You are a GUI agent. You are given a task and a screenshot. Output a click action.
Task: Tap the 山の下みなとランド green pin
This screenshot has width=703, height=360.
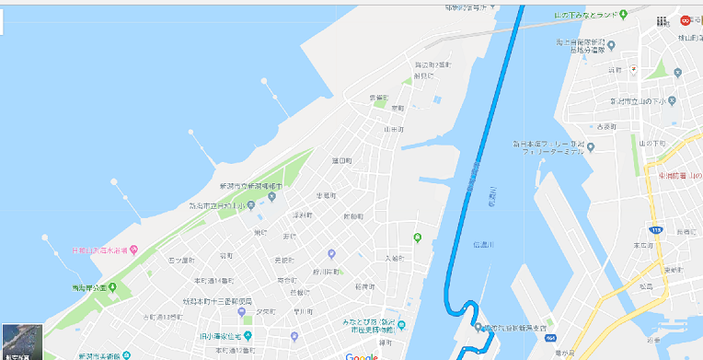pos(623,14)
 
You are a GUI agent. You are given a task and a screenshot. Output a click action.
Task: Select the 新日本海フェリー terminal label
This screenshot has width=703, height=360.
pos(548,148)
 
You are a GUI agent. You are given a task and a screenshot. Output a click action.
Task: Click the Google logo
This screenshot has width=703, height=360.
pos(362,355)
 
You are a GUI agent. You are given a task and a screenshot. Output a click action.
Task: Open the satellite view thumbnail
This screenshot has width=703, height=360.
pos(22,342)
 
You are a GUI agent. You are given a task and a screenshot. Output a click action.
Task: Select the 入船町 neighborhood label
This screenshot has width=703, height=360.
pos(394,259)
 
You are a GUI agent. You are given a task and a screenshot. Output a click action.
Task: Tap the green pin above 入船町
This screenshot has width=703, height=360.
pos(418,238)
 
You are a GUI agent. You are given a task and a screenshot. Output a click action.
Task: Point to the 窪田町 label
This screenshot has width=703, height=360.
pos(341,161)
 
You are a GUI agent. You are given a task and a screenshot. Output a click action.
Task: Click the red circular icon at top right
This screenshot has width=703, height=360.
pos(685,20)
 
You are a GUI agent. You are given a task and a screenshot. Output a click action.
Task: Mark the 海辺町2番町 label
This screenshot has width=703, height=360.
pos(432,65)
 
